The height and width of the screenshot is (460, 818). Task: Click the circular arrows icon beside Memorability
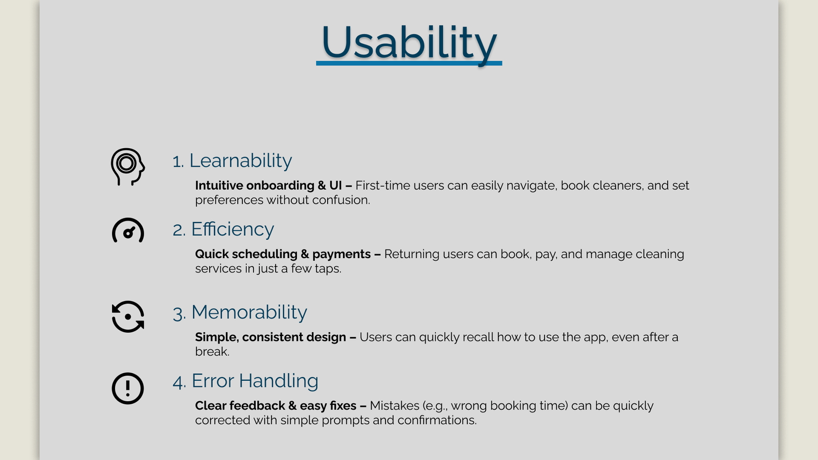point(128,316)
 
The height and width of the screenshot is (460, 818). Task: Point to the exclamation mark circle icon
point(128,388)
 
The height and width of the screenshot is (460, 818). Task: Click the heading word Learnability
point(241,161)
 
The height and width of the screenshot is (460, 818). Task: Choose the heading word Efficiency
point(233,229)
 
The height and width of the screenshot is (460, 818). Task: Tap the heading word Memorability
point(249,312)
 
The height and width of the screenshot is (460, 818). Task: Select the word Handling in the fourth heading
point(279,381)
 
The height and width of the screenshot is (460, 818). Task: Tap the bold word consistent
point(274,337)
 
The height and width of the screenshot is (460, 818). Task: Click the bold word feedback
point(258,406)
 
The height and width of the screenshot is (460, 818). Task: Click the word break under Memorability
point(212,352)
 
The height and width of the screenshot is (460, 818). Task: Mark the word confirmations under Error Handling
point(437,420)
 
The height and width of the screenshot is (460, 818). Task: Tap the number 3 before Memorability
point(178,314)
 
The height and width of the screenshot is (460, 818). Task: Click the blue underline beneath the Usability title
point(409,63)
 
